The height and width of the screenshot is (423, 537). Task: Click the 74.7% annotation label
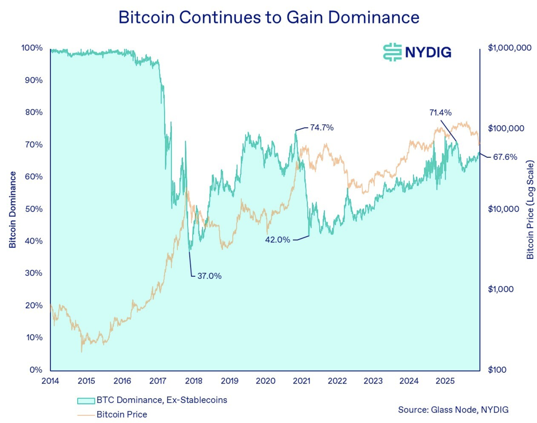(x=321, y=128)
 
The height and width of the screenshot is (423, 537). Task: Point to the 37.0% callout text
(x=209, y=276)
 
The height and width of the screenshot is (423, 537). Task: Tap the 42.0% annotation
(x=277, y=240)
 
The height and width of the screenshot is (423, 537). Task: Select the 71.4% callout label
(x=440, y=113)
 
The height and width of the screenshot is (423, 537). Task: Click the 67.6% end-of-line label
(x=505, y=157)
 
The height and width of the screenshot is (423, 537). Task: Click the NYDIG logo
(x=417, y=52)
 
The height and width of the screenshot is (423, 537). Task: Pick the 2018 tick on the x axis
(x=194, y=381)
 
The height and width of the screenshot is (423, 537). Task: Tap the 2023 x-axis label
(x=373, y=381)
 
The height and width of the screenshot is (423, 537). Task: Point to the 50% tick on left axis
(x=34, y=209)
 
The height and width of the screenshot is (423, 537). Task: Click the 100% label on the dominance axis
(x=32, y=48)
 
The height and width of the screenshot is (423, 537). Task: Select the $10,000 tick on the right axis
(x=503, y=209)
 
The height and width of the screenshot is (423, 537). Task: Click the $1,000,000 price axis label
(x=509, y=48)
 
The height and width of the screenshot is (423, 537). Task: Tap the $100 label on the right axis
(x=497, y=370)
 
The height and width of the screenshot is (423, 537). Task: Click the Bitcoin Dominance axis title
(x=12, y=210)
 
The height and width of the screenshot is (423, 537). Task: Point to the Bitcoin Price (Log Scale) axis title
(x=530, y=210)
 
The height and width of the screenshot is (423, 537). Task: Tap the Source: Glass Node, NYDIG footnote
(x=453, y=410)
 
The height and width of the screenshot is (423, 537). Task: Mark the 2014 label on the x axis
(x=50, y=381)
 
